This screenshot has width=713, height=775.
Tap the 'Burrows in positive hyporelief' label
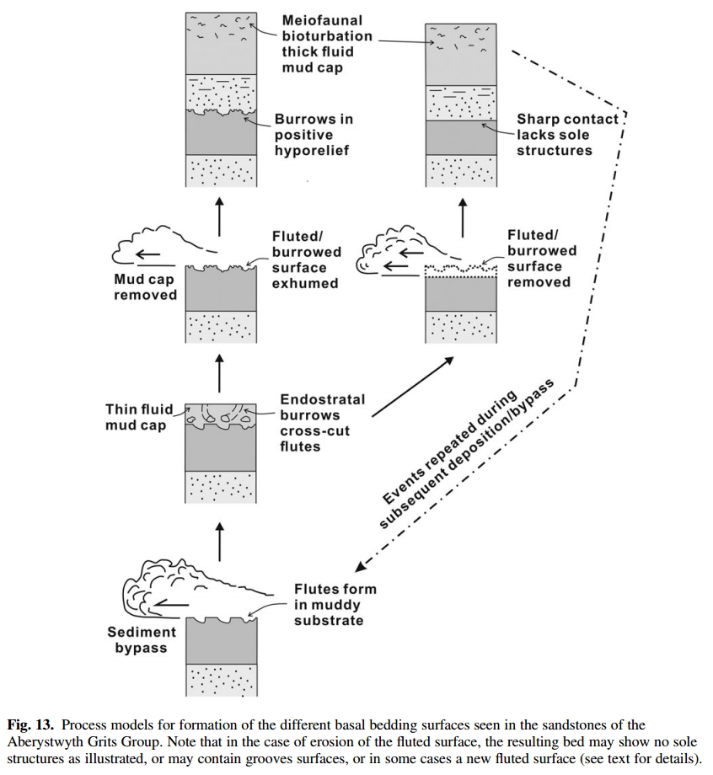tap(314, 135)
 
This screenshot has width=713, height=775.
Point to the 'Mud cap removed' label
tap(145, 287)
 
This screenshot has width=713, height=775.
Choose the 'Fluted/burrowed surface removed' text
tap(542, 259)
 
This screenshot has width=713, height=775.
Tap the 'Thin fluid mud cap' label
tap(139, 417)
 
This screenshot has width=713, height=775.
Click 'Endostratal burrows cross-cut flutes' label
tap(323, 422)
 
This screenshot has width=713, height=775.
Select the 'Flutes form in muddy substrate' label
tap(335, 604)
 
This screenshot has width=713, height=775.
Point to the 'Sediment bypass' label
tap(142, 639)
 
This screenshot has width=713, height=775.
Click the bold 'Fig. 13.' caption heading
tap(31, 725)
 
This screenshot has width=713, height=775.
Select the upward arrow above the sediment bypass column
tap(221, 541)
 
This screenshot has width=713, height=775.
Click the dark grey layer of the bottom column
tap(220, 639)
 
